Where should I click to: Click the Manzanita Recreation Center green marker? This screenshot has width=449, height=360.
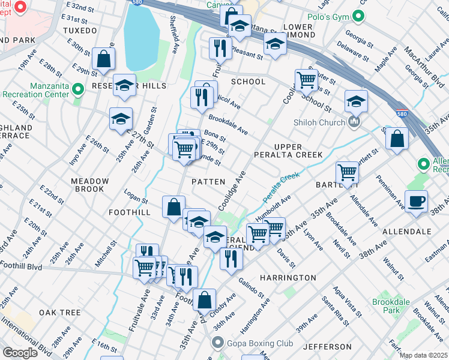77,89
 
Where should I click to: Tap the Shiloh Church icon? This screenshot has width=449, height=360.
355,122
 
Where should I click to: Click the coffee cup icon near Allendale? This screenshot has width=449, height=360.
416,201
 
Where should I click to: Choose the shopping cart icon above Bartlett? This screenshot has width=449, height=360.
347,172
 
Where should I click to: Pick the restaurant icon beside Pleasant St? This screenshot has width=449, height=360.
220,47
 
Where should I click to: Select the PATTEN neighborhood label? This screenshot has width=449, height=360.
208,181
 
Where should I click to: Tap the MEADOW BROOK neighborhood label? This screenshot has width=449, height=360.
90,185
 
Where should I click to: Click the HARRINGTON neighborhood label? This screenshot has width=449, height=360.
288,278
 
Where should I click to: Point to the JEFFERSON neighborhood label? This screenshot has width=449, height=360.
327,347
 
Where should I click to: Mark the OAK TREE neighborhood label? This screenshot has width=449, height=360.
60,313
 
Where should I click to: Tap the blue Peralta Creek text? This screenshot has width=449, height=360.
281,186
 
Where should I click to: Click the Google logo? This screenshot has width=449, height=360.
20,352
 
